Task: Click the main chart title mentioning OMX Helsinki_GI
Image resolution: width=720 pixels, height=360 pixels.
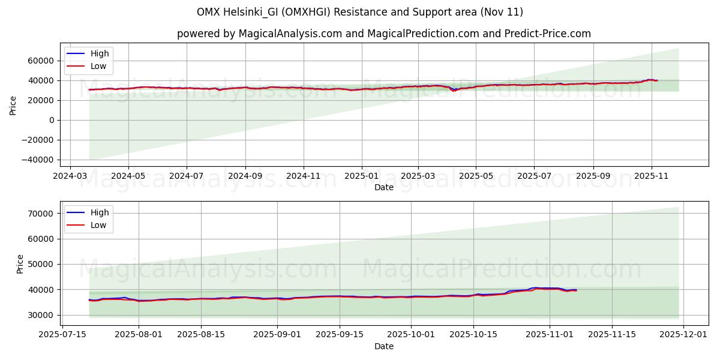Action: pos(360,12)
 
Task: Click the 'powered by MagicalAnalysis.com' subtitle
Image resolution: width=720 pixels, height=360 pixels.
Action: pos(384,34)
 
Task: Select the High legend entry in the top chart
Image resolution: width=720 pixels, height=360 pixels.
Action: pos(100,53)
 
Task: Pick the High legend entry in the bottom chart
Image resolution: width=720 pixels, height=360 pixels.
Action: pos(100,212)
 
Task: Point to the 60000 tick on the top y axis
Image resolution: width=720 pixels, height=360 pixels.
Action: pos(41,61)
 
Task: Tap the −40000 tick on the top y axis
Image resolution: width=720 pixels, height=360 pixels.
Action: pos(38,160)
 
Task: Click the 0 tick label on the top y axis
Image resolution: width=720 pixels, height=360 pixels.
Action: pos(52,120)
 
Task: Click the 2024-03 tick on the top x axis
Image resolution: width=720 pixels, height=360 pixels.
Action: pos(70,177)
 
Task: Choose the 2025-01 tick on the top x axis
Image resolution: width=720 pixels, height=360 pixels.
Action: pos(361,177)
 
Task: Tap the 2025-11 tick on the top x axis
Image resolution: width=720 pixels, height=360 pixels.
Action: pos(651,177)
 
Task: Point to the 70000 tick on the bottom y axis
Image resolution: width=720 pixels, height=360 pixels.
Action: pos(47,214)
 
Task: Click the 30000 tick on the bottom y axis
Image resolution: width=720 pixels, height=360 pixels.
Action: pos(47,315)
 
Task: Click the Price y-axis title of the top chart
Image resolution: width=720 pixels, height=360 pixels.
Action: pos(13,106)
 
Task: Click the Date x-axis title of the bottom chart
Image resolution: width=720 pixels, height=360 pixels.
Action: pos(384,347)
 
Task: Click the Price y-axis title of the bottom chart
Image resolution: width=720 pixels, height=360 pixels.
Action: pos(20,264)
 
